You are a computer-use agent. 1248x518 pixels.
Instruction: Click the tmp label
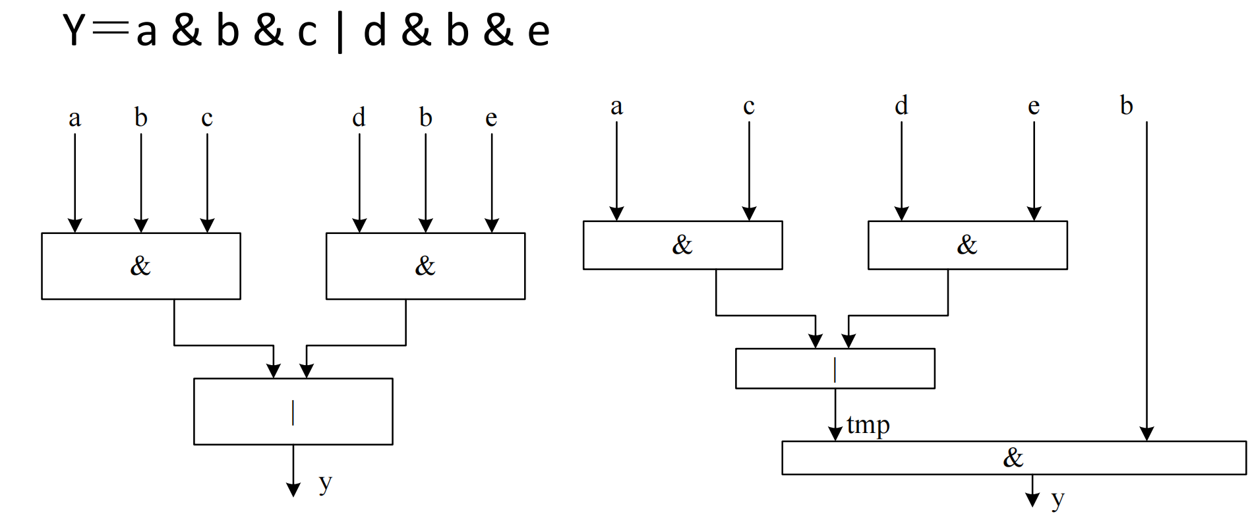(868, 426)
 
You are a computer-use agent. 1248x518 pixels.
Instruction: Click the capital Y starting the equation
(74, 30)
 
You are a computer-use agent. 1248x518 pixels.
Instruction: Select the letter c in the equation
(307, 33)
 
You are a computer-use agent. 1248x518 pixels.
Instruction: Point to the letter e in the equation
(538, 33)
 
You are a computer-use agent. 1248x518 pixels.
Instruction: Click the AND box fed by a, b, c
(140, 266)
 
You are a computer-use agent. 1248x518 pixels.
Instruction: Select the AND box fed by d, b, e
(425, 266)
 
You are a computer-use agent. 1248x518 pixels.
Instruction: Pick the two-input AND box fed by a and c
(682, 245)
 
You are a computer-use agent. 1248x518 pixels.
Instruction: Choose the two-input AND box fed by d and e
(967, 245)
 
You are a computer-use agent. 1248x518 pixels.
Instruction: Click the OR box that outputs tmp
(835, 368)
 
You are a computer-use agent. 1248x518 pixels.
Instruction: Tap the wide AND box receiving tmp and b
(1013, 457)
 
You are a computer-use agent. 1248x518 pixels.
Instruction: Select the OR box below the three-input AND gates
(293, 411)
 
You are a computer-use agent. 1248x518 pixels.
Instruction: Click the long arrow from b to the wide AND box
(1146, 277)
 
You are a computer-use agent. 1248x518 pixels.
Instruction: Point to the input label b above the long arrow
(1127, 105)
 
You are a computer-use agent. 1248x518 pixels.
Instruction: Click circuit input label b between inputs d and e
(425, 117)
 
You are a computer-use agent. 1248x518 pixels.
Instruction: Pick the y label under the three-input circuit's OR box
(325, 483)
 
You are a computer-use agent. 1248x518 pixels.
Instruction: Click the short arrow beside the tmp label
(835, 415)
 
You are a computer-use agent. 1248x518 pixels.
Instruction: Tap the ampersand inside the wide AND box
(1013, 457)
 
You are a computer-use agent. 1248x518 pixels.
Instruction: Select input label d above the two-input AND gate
(901, 105)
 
